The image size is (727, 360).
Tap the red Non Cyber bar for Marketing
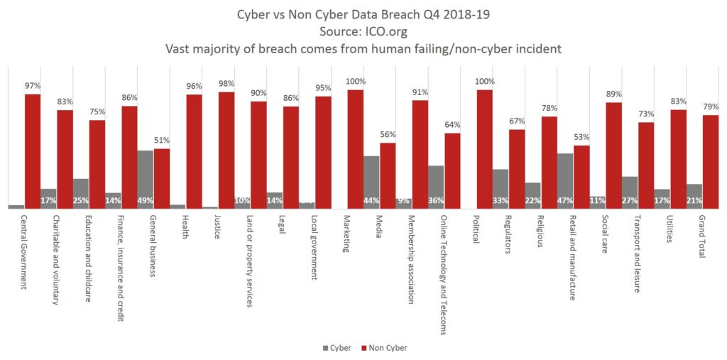pyautogui.click(x=355, y=149)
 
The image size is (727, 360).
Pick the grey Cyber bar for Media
pyautogui.click(x=371, y=182)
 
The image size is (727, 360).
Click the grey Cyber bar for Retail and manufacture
pyautogui.click(x=565, y=180)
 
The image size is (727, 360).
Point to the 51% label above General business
pyautogui.click(x=162, y=140)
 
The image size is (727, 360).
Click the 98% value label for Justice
pyautogui.click(x=226, y=84)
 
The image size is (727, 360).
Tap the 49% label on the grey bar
pyautogui.click(x=146, y=201)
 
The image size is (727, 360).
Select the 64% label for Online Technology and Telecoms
pyautogui.click(x=453, y=125)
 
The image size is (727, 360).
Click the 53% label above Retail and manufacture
pyautogui.click(x=582, y=137)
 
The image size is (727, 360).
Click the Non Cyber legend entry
pyautogui.click(x=384, y=348)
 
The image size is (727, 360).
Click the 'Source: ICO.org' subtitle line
pyautogui.click(x=363, y=32)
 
